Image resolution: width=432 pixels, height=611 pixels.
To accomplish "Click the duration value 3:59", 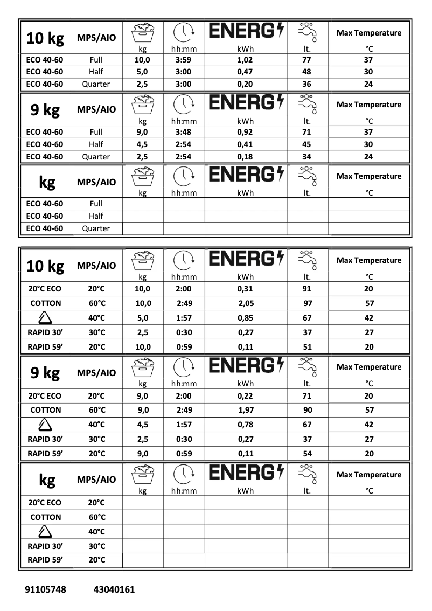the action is pos(184,60).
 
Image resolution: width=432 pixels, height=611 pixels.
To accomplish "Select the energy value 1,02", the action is pos(245,60).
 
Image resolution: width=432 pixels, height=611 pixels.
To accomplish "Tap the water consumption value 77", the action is pos(307,60).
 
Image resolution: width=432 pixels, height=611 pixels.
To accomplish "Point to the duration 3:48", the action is pos(184,132).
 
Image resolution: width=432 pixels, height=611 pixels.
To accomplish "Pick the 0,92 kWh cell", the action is pos(245,132).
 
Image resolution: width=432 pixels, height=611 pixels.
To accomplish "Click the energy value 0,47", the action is pos(245,72).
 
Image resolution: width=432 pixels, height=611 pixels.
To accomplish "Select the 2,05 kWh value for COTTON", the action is pos(245,303).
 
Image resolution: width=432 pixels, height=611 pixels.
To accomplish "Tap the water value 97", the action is pos(307,303).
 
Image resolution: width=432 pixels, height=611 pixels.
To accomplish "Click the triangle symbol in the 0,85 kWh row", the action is pos(45,318).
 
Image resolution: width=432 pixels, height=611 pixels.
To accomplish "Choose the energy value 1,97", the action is pos(245,410).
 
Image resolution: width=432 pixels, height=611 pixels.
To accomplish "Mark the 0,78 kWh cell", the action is pos(245,425).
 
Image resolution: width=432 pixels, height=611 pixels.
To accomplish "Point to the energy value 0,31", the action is pos(245,289).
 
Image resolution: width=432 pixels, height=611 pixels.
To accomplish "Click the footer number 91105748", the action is pos(46,589).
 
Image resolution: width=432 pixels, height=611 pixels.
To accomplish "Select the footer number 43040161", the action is pos(114,589).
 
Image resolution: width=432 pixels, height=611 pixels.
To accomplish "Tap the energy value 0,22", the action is pos(245,395).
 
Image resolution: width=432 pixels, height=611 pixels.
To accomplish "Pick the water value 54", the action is pos(307,454).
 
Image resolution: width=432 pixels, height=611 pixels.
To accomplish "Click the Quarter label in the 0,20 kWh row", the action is pos(96,84).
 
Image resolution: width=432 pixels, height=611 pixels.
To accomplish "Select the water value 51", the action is pos(307,347).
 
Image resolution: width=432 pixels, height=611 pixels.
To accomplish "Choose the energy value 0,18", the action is pos(245,157).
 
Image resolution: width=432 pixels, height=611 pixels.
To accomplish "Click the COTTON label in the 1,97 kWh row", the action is pos(45,410).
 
